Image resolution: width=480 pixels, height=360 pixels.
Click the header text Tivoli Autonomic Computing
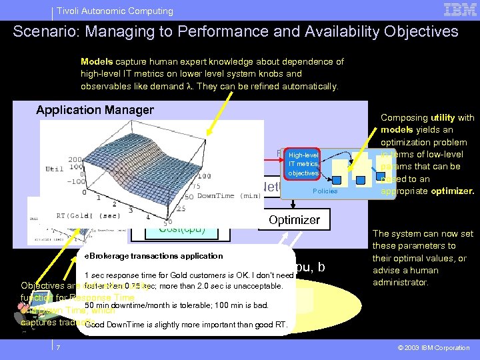coord(115,11)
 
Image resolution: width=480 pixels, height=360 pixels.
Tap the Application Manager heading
coord(95,110)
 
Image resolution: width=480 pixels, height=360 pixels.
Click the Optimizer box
coord(294,220)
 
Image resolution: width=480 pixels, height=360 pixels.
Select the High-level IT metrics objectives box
coord(303,164)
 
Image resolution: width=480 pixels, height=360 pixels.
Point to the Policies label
coord(325,191)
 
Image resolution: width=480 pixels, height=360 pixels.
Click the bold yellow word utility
coord(444,117)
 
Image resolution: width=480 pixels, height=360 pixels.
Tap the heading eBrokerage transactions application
coord(153,256)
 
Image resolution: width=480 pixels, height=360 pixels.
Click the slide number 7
coord(59,348)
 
